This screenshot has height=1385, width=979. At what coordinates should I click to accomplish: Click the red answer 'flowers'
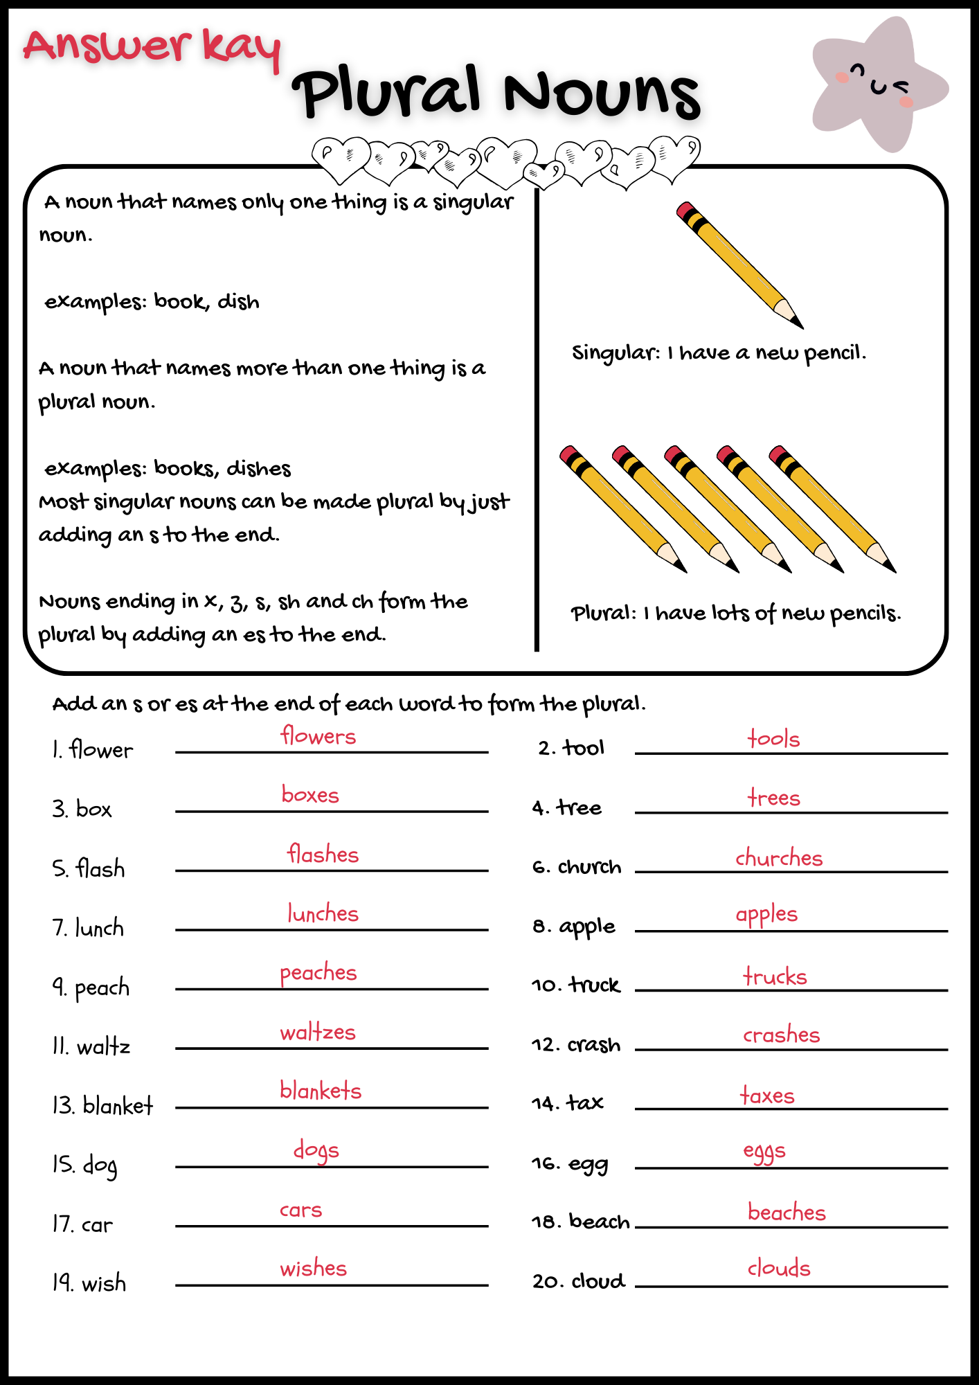coord(318,735)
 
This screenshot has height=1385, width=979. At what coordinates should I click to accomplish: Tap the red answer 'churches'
coord(779,858)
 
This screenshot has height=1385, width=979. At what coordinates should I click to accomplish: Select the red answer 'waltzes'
coord(318,1032)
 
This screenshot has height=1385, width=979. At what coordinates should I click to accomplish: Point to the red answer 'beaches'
coord(787,1212)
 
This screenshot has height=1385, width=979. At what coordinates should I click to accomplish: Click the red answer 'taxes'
coord(767,1096)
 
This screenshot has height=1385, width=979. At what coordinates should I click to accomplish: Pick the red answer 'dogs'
coord(316,1151)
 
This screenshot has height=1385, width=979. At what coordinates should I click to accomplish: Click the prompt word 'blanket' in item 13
coord(118,1105)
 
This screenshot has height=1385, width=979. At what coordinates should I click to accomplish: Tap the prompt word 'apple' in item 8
coord(587,927)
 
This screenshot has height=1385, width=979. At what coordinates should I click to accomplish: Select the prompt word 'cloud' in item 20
coord(598,1281)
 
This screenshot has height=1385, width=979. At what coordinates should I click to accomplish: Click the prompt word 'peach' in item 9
coord(102,988)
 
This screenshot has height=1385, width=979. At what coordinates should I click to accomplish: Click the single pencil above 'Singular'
coord(739,265)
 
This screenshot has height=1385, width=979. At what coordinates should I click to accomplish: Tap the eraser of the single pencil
coord(685,210)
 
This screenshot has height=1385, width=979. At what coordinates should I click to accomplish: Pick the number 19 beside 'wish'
coord(63,1283)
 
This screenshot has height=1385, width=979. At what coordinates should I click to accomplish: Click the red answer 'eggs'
coord(764,1152)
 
